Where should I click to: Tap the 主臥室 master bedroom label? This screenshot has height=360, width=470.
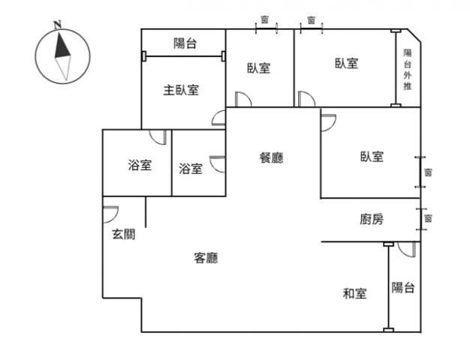(182, 90)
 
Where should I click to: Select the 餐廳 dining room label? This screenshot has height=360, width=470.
(271, 157)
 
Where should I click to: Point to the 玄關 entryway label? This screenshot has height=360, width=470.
(124, 233)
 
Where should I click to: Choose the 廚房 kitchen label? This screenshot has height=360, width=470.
(372, 220)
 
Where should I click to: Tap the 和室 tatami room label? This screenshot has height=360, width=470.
(355, 294)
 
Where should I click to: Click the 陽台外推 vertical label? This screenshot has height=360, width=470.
(408, 70)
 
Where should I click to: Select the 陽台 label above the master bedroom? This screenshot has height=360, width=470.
(185, 43)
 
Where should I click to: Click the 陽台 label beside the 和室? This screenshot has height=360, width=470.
(404, 287)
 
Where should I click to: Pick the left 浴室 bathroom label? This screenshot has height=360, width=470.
(140, 165)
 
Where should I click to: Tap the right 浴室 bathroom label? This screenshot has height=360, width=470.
(191, 169)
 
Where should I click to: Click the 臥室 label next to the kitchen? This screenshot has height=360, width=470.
(372, 157)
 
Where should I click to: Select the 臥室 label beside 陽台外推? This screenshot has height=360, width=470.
(346, 64)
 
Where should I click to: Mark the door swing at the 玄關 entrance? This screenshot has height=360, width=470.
(110, 212)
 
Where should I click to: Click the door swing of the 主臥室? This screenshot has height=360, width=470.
(218, 117)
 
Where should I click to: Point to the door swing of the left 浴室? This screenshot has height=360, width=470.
(158, 136)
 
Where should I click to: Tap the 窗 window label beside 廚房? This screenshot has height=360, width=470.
(428, 218)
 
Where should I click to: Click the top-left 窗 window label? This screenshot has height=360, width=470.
(265, 19)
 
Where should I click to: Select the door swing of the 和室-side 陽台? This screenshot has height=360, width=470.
(408, 250)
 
